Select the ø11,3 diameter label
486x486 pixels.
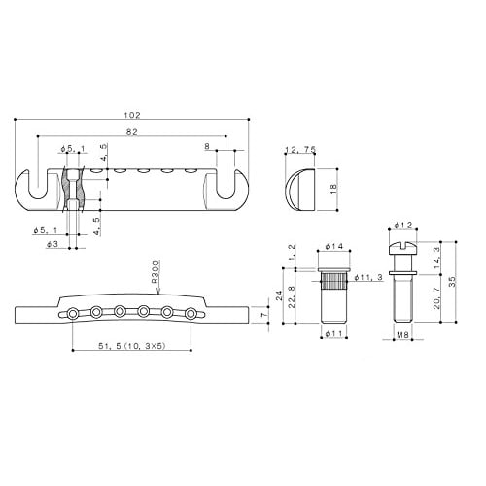coord(366,278)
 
